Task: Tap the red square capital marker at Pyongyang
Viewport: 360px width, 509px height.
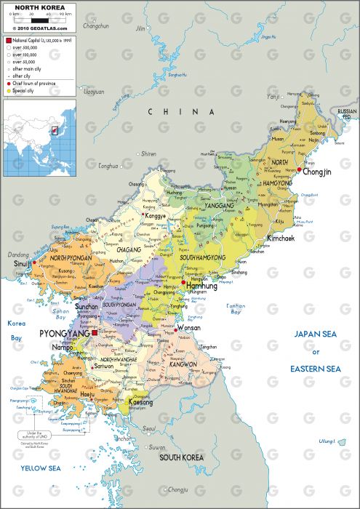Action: coord(94,332)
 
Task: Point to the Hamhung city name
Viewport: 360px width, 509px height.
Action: coord(203,286)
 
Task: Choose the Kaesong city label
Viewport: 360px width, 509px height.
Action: coord(141,402)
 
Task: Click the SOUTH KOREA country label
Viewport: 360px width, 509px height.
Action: coord(181,457)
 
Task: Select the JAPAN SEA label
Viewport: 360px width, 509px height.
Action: coord(316,334)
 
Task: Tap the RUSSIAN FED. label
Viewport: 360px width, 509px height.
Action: coord(347,113)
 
